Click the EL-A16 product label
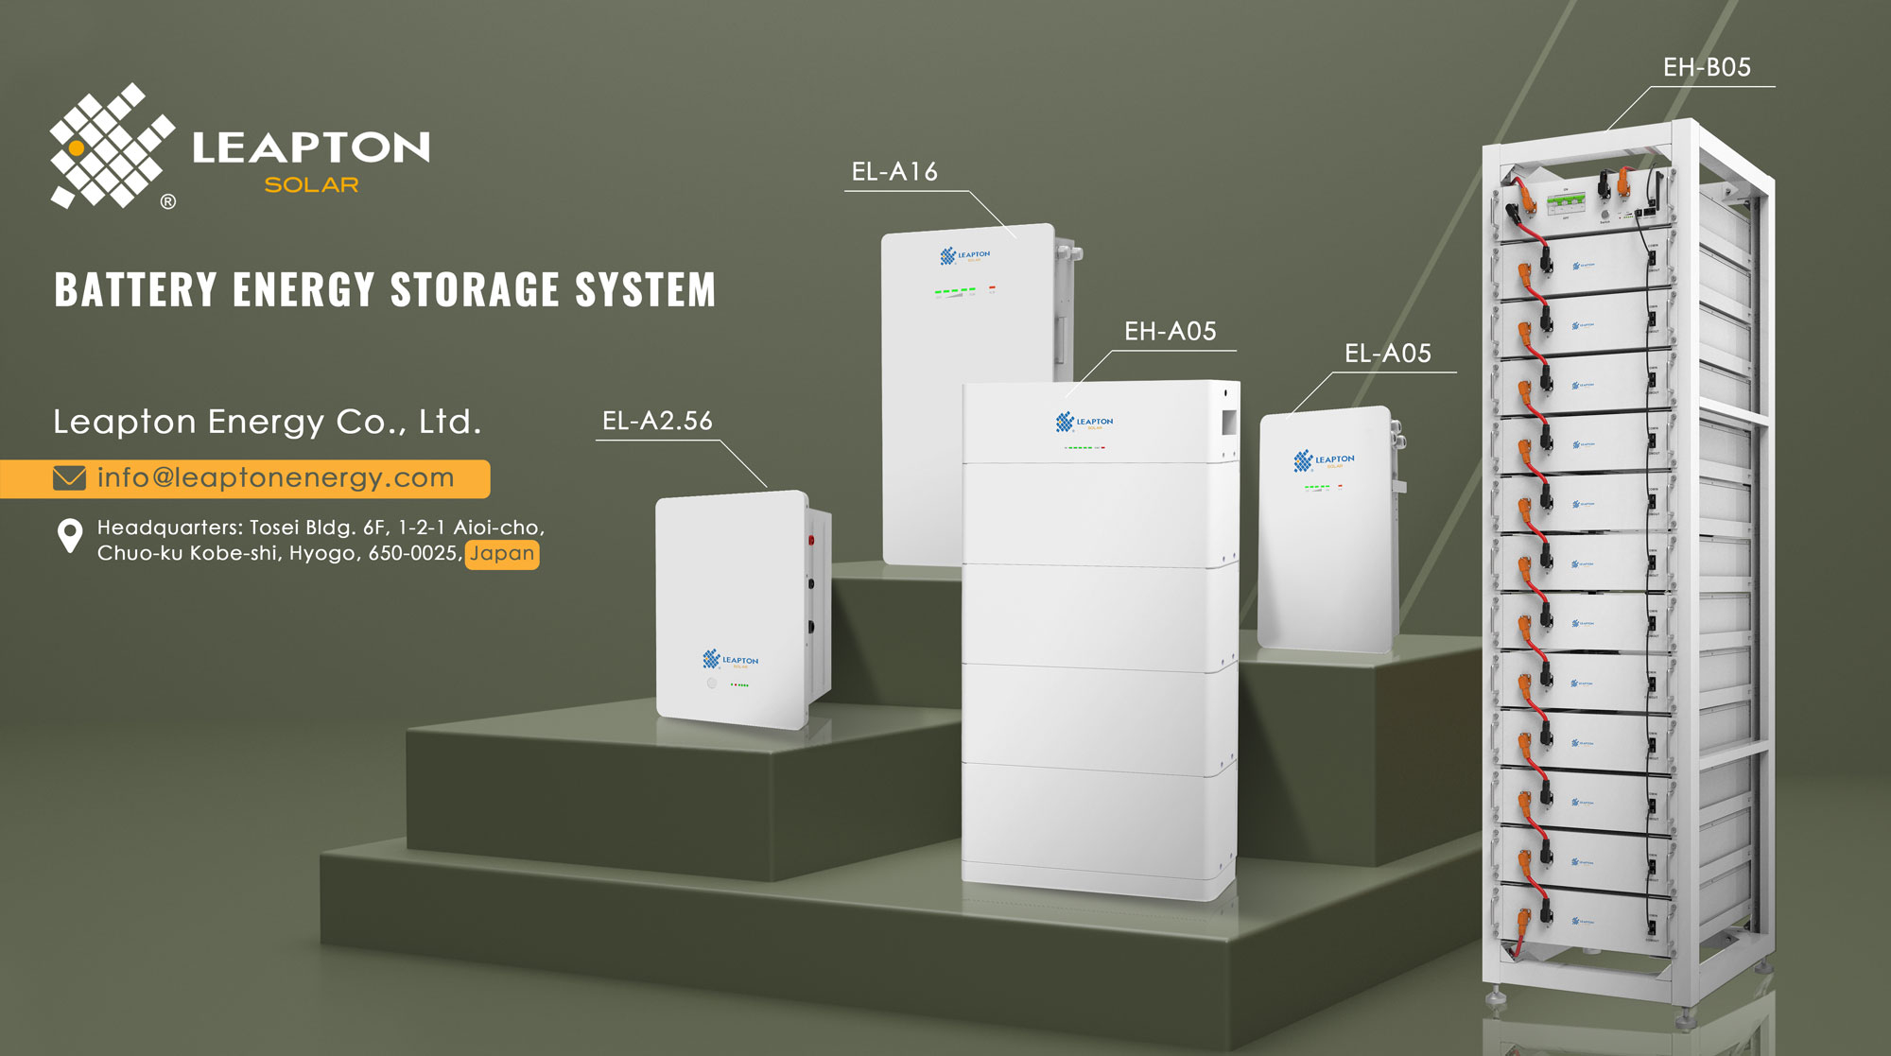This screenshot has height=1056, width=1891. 894,171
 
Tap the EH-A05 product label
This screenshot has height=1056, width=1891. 1170,331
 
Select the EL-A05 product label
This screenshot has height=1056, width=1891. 1387,354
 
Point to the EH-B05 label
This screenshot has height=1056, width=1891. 1707,67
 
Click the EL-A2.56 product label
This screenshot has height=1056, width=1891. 657,421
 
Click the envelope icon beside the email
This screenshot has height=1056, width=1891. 69,478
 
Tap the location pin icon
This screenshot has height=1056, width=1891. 70,536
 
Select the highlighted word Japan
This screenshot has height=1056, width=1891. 502,554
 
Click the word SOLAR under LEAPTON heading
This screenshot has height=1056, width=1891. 311,185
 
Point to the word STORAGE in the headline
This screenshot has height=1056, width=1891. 475,289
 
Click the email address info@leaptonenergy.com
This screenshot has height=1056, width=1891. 275,478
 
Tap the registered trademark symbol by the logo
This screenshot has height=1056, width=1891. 168,201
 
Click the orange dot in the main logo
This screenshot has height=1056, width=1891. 77,148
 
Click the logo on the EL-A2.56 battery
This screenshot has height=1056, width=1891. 730,659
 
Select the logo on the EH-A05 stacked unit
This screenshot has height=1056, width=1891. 1084,422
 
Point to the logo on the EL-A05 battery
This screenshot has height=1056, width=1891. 1324,460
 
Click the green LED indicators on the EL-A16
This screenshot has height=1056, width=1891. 955,291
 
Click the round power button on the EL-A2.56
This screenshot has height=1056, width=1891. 712,683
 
